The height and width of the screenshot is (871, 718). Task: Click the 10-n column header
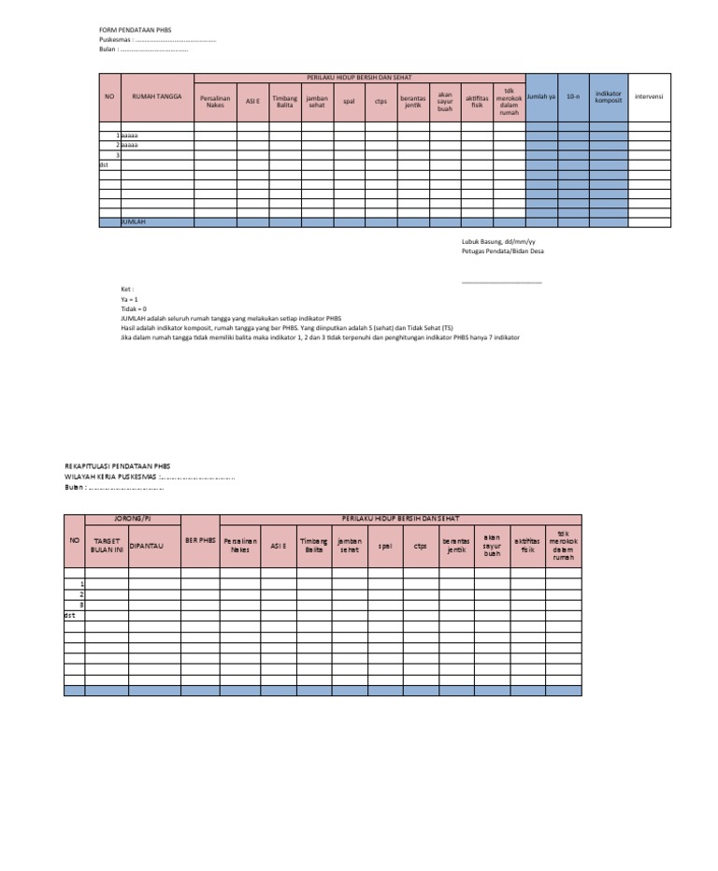(573, 96)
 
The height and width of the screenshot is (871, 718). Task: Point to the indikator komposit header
(609, 96)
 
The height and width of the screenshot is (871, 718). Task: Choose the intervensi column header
(649, 96)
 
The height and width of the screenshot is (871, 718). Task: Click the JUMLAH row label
(135, 222)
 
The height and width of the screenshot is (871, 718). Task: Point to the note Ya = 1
(130, 299)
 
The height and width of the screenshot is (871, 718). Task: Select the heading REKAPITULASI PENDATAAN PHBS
(117, 465)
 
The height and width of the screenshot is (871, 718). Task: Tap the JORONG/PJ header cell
(132, 519)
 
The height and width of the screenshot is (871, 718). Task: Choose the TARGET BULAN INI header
(106, 545)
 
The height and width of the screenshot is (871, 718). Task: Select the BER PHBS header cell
(199, 540)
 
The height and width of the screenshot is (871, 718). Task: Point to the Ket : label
(127, 291)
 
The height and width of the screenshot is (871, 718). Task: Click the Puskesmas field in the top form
(157, 40)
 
